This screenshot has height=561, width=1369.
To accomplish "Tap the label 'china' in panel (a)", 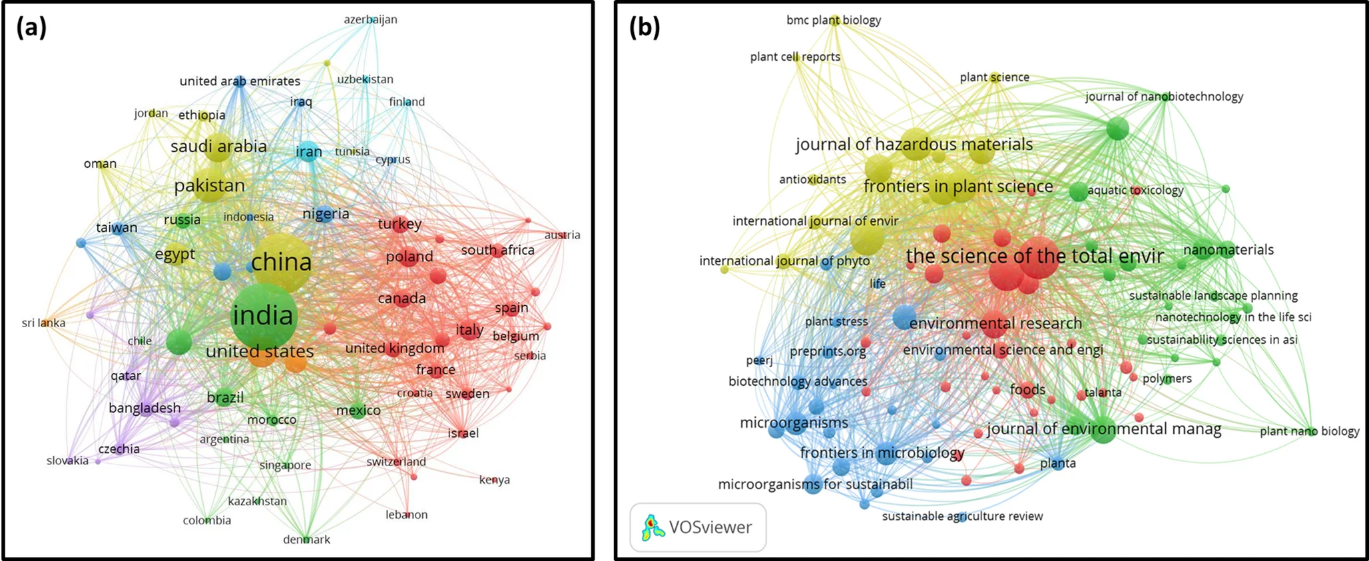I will click(282, 262).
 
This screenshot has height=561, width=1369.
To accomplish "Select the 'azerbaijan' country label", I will click(370, 19).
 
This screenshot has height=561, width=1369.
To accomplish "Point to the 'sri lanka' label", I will click(44, 323).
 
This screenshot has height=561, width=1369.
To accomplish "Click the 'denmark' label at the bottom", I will click(306, 540).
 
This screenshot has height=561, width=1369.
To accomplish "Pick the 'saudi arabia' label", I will click(218, 147).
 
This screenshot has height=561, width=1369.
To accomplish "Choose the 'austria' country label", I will click(562, 235).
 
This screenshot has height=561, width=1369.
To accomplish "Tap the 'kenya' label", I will click(494, 480).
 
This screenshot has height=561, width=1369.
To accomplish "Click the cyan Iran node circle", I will click(308, 153).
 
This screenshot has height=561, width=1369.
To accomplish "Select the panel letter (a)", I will click(31, 27).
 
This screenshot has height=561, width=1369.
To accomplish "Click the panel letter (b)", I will click(645, 27).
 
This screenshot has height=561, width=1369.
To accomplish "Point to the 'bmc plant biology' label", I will click(833, 20).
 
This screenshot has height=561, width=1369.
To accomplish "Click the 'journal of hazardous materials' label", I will click(914, 145).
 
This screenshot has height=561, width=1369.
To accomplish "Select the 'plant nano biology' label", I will click(1309, 432).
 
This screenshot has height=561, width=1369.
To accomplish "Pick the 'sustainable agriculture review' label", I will click(962, 516).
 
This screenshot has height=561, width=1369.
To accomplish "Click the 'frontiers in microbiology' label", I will click(882, 453).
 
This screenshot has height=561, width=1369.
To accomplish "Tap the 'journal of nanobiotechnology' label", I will click(1164, 97).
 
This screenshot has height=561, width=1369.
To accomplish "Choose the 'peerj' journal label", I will click(759, 360).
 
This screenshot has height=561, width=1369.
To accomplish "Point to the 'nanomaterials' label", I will click(1228, 250).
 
